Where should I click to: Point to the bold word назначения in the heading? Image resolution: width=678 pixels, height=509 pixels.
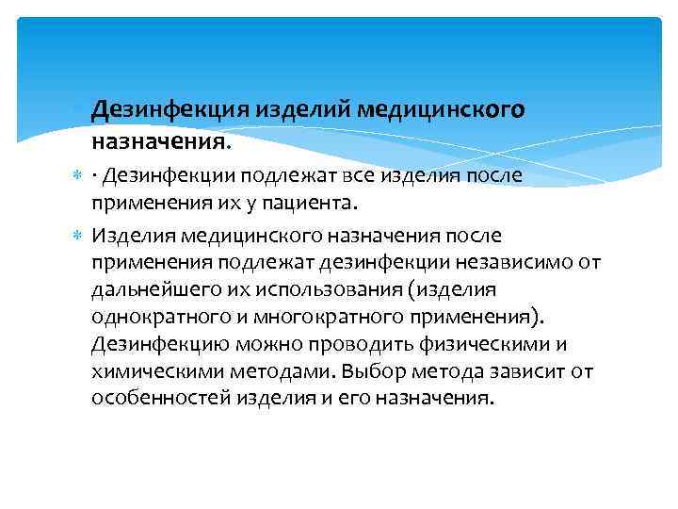(158, 142)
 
